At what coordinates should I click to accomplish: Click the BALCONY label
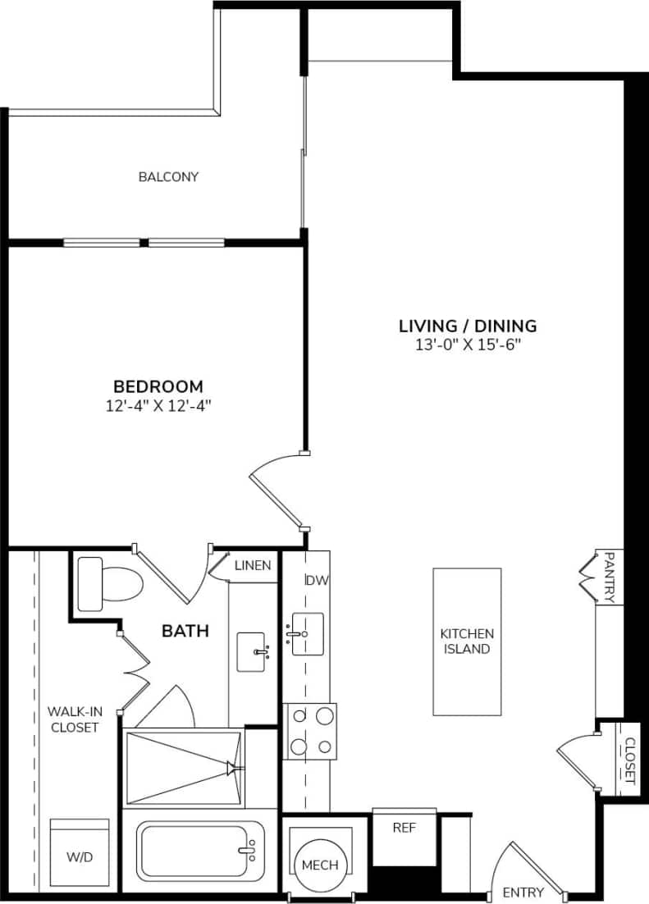click(x=168, y=176)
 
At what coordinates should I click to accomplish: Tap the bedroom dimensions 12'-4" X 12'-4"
click(x=158, y=404)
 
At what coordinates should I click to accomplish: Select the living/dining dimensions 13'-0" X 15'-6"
click(x=468, y=345)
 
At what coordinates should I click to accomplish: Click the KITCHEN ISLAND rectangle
click(x=467, y=641)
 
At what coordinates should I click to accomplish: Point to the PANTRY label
click(x=609, y=577)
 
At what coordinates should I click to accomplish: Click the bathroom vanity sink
click(x=252, y=652)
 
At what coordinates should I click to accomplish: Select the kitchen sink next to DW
click(x=307, y=633)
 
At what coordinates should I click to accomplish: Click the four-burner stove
click(x=310, y=731)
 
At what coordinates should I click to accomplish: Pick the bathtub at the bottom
click(x=194, y=851)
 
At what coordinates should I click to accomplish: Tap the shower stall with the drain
click(x=184, y=768)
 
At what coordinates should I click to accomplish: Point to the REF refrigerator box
click(x=404, y=828)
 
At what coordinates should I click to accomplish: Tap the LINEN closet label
click(x=254, y=565)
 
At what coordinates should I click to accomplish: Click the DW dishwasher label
click(x=317, y=580)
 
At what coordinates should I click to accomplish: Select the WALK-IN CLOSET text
click(x=73, y=719)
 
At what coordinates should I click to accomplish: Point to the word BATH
click(x=185, y=631)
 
